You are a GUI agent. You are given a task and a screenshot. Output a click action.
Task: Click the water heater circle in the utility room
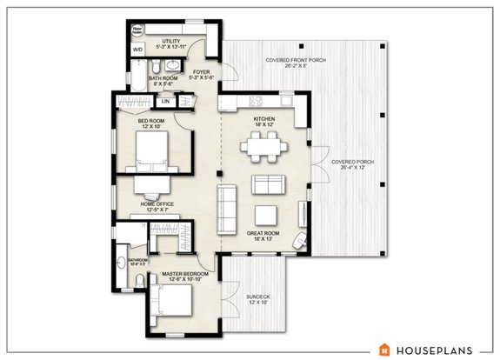pos(137,29)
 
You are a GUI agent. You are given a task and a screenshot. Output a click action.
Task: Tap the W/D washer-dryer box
pos(137,50)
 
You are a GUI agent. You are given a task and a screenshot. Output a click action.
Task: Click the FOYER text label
pos(201,72)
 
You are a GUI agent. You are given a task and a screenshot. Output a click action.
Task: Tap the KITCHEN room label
pos(263,119)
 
